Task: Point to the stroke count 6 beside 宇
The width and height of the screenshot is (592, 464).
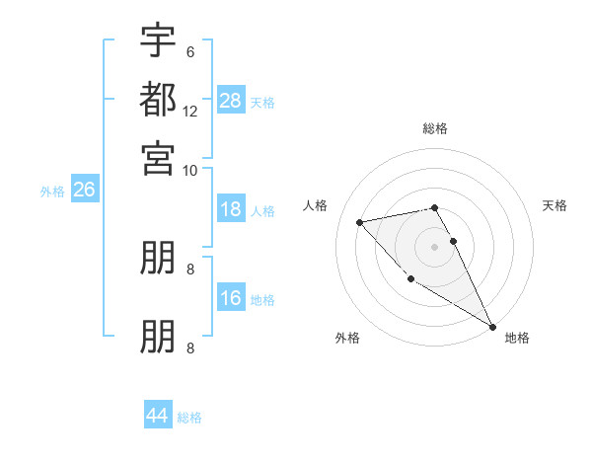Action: (189, 52)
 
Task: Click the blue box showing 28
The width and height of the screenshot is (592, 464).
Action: (231, 100)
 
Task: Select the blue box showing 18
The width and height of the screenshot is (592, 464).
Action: (231, 209)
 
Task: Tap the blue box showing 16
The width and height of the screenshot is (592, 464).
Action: (231, 298)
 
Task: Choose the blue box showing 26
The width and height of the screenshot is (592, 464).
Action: (84, 191)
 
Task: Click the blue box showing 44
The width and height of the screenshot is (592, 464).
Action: (158, 416)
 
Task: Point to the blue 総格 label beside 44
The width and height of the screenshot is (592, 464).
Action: (189, 418)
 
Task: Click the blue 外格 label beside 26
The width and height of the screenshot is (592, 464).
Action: (52, 192)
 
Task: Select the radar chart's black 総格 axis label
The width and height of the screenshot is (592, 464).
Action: (435, 128)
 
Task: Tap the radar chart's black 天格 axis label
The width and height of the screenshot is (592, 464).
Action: (555, 205)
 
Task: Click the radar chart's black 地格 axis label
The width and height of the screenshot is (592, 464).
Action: (517, 338)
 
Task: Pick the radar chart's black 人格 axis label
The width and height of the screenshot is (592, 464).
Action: (316, 205)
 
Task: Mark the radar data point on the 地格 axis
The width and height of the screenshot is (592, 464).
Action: (492, 326)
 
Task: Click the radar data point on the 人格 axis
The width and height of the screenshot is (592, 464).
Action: (360, 222)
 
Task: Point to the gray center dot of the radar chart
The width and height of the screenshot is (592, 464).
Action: (435, 247)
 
